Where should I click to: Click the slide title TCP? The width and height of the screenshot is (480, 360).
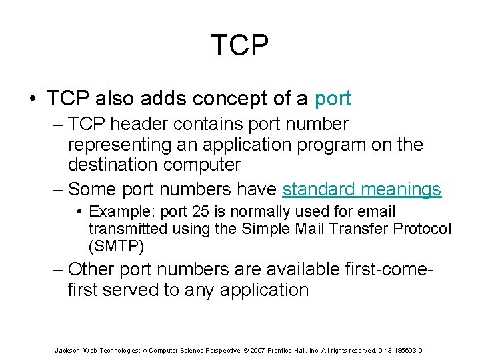(240, 45)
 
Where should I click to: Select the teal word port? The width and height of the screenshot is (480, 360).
(332, 99)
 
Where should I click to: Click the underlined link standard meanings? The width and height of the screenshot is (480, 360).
(361, 189)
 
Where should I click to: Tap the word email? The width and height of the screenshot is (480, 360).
(378, 212)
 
